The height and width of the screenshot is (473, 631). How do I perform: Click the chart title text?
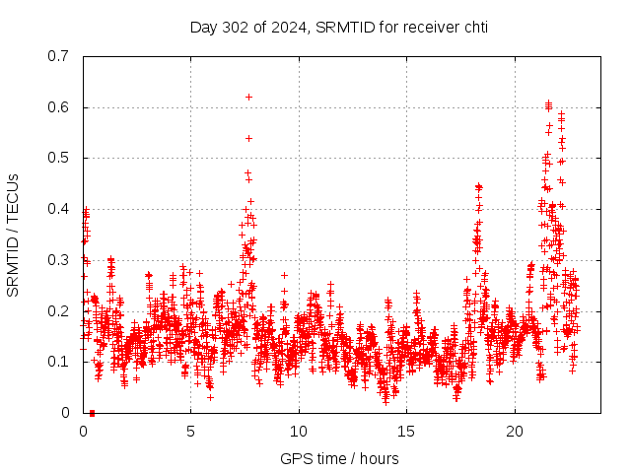(338, 27)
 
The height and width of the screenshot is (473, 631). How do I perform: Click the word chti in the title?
(472, 27)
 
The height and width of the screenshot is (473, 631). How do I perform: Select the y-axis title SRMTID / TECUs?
(14, 234)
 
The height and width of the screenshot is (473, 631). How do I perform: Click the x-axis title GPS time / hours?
(339, 458)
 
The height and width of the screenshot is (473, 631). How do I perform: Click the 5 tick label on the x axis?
(191, 432)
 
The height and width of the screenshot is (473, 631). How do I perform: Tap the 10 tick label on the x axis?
(299, 432)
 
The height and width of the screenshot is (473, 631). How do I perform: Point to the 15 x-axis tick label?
(407, 432)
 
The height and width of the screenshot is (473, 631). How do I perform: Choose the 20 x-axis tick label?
(515, 432)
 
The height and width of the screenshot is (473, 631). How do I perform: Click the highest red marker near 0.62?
(249, 97)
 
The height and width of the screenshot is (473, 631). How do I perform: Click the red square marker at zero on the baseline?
(92, 413)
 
